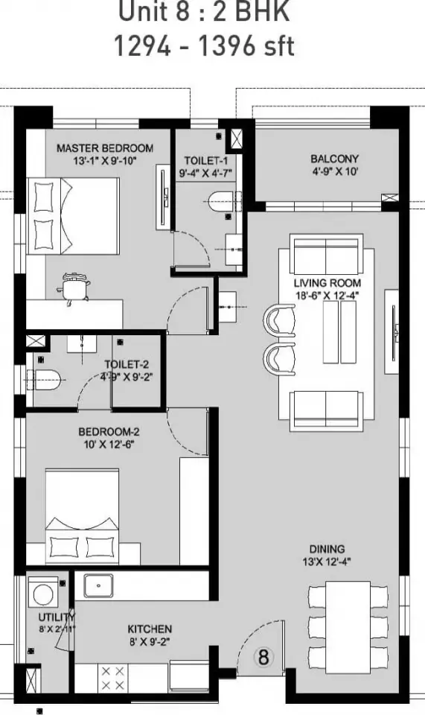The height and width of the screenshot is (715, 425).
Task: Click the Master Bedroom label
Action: (105, 148)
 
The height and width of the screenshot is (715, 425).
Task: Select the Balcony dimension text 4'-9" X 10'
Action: (334, 172)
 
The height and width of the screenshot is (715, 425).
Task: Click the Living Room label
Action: (327, 283)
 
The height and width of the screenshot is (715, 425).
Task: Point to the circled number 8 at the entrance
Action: (263, 658)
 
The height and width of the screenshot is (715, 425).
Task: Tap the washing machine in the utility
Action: (43, 593)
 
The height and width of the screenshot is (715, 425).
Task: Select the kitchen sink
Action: (98, 586)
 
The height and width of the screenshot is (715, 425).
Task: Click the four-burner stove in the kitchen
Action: (113, 678)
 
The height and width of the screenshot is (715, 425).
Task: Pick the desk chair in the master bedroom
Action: (74, 288)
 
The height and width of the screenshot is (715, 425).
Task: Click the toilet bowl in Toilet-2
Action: (44, 379)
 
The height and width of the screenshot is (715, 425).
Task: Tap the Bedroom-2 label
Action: (109, 432)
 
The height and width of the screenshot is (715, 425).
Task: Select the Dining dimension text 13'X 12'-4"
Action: (327, 562)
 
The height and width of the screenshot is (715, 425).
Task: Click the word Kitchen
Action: (150, 629)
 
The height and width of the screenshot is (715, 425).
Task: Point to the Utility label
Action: (56, 617)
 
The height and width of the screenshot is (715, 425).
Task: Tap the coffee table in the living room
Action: (340, 331)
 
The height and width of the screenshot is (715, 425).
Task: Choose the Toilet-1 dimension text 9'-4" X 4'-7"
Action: (205, 174)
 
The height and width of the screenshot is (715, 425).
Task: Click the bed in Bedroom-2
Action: (83, 518)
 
